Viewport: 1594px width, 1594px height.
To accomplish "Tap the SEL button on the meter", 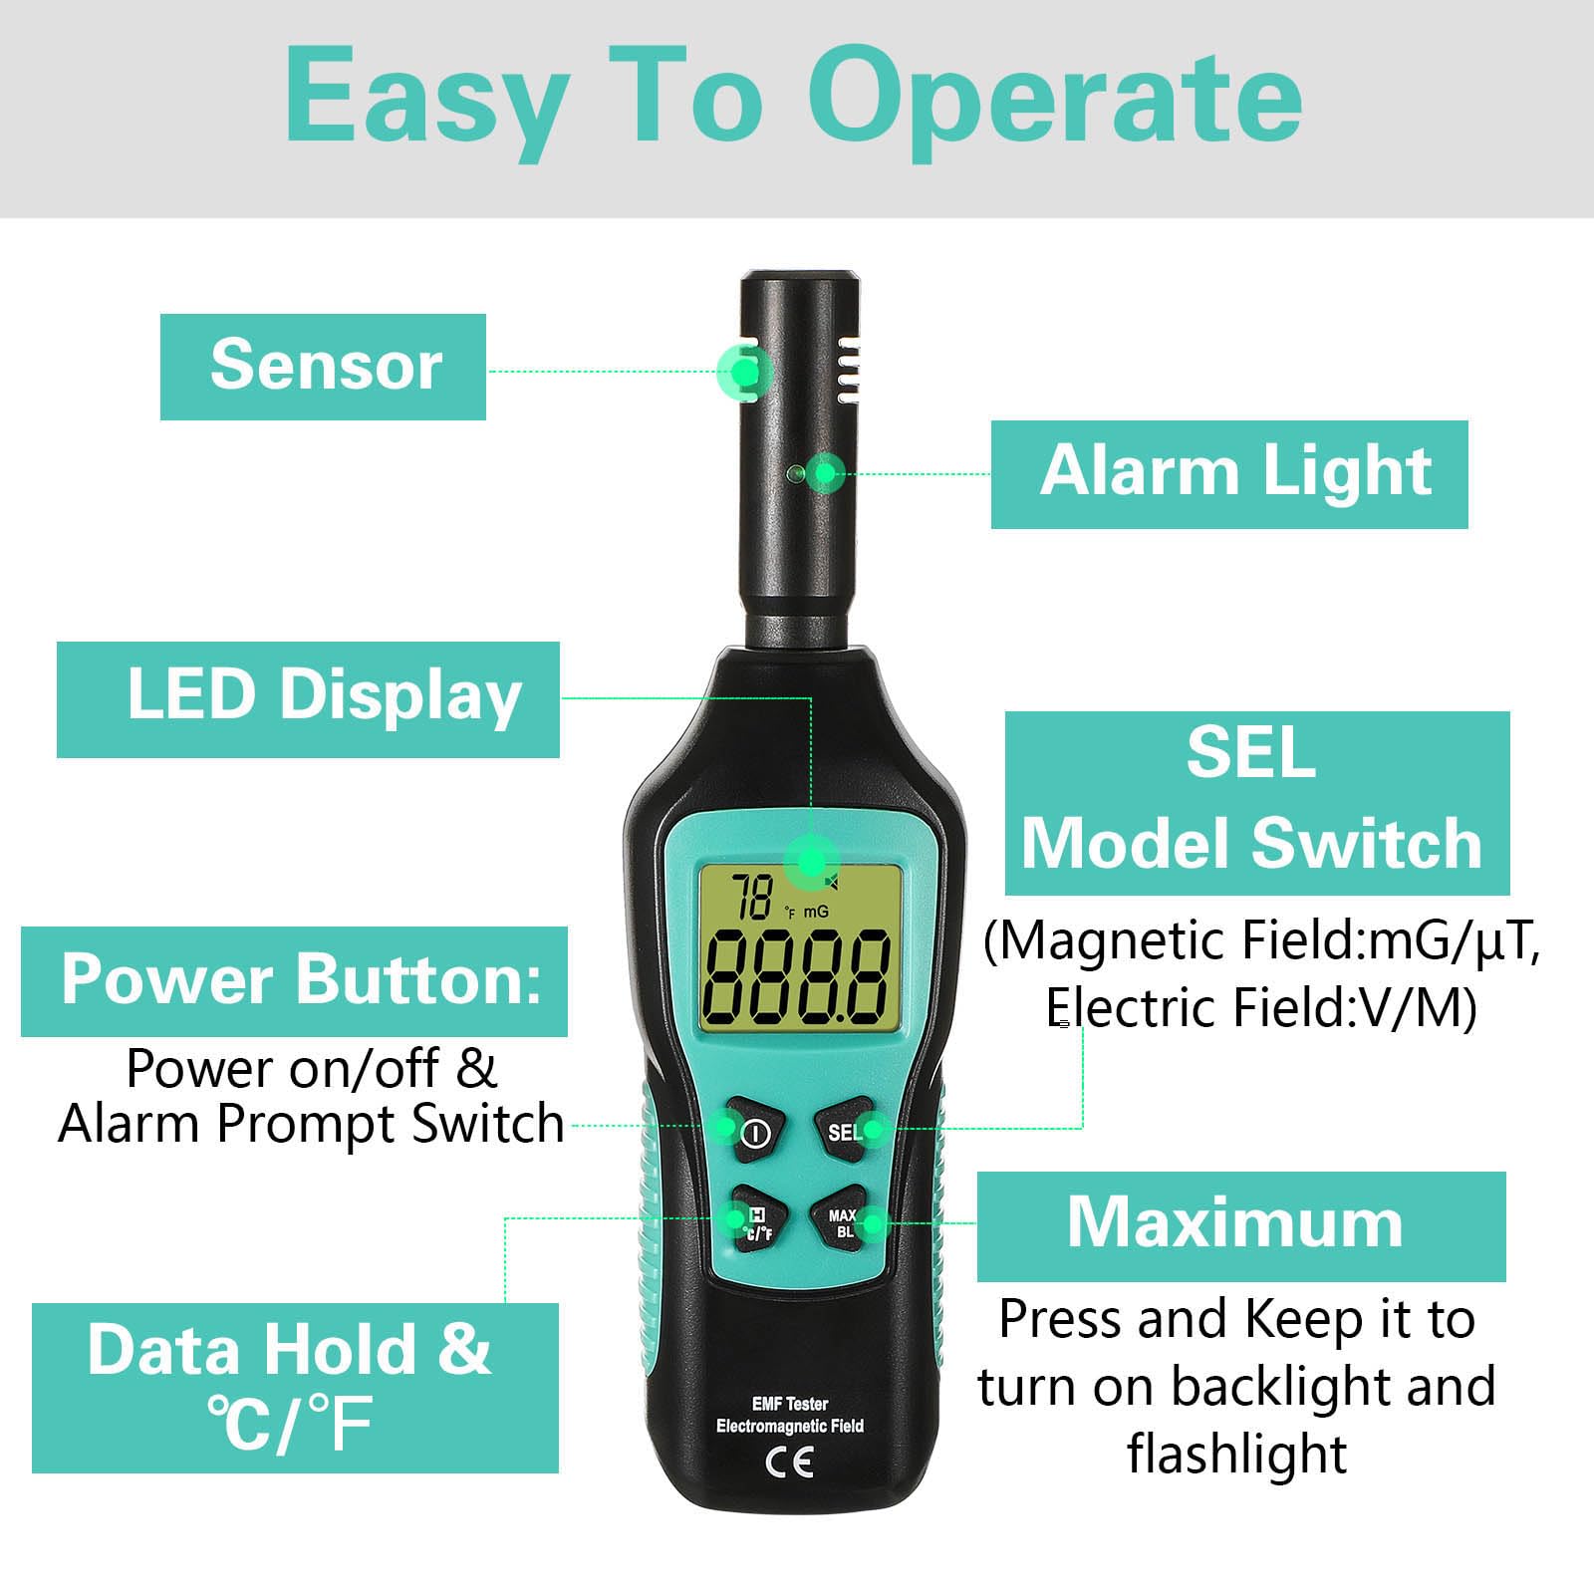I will coord(846,1131).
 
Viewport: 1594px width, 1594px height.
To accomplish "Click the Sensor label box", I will coord(323,367).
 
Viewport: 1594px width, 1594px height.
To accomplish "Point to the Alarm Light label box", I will coord(1229,474).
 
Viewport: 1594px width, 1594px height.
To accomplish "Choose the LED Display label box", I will coord(308,699).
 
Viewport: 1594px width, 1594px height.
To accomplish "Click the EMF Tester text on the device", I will coord(790,1404).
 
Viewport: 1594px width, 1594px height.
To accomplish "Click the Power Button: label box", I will coord(295,981).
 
